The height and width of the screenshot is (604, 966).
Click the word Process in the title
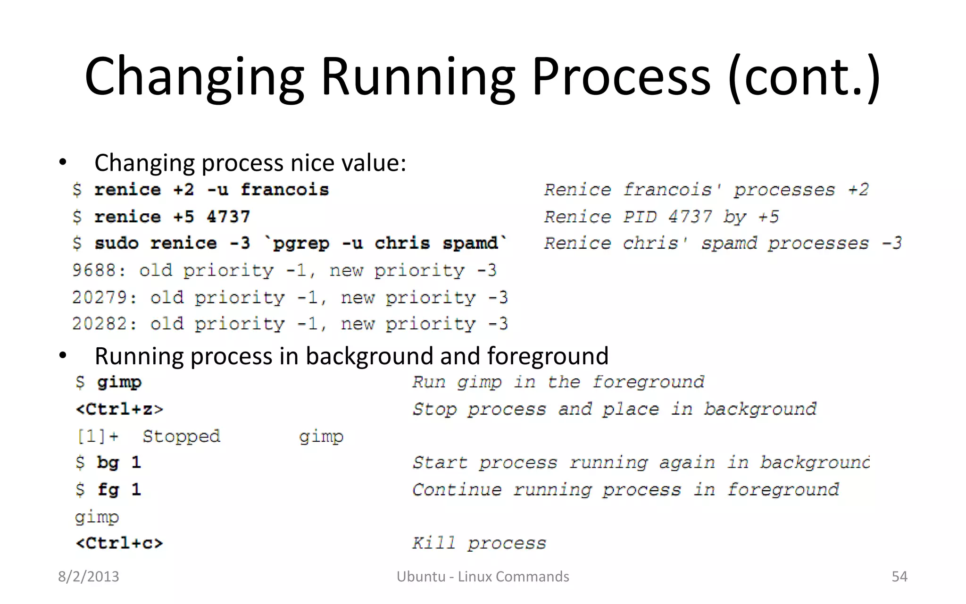pyautogui.click(x=621, y=76)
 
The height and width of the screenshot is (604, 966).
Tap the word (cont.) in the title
pyautogui.click(x=804, y=76)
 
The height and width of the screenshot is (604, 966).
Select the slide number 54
pyautogui.click(x=899, y=576)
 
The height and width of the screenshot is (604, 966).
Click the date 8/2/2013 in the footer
pyautogui.click(x=89, y=576)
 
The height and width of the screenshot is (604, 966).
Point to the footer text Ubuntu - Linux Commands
pyautogui.click(x=483, y=576)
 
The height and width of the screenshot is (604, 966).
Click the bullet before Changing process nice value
pyautogui.click(x=63, y=163)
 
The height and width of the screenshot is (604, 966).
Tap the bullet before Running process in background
pyautogui.click(x=63, y=356)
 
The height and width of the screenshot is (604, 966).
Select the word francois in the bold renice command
pyautogui.click(x=284, y=190)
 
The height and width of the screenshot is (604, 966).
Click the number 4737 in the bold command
pyautogui.click(x=228, y=217)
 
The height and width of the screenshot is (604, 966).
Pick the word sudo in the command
pyautogui.click(x=117, y=243)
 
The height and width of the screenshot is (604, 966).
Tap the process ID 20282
pyautogui.click(x=100, y=324)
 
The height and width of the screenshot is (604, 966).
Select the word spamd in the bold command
pyautogui.click(x=470, y=243)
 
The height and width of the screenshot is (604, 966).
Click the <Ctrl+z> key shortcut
pyautogui.click(x=119, y=409)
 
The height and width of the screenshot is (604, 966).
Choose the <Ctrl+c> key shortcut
pyautogui.click(x=119, y=543)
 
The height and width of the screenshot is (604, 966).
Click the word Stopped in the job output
pyautogui.click(x=181, y=436)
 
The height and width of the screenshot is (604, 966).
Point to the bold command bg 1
pyautogui.click(x=119, y=462)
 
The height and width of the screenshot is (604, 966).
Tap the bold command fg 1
pyautogui.click(x=119, y=489)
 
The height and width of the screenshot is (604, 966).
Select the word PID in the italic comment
pyautogui.click(x=640, y=217)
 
